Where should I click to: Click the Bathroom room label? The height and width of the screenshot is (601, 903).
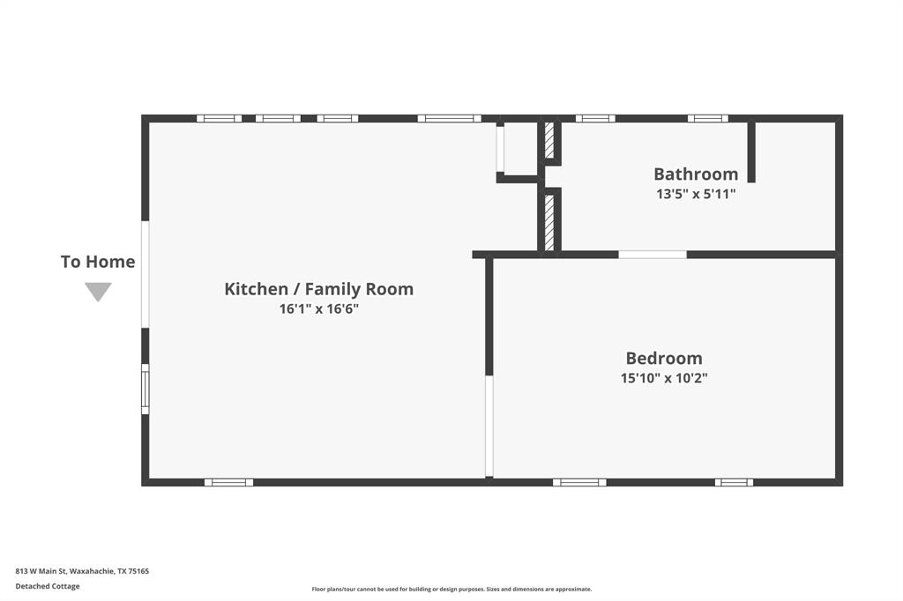pyautogui.click(x=695, y=174)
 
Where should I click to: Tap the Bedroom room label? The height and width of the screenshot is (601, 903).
pyautogui.click(x=664, y=358)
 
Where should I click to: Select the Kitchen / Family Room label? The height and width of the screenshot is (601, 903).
pyautogui.click(x=318, y=288)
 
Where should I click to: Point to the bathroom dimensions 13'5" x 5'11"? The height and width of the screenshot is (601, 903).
pyautogui.click(x=695, y=194)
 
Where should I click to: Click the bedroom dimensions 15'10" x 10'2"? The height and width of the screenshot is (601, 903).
pyautogui.click(x=664, y=378)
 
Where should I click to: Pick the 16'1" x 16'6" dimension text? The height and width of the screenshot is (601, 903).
pyautogui.click(x=318, y=308)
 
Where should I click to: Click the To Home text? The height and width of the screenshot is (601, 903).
pyautogui.click(x=98, y=262)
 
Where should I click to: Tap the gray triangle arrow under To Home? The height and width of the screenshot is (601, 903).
pyautogui.click(x=98, y=292)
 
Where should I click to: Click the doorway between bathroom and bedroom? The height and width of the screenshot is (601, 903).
pyautogui.click(x=652, y=255)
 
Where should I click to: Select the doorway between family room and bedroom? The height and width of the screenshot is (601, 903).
pyautogui.click(x=489, y=427)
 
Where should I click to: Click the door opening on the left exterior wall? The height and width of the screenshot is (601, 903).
pyautogui.click(x=146, y=273)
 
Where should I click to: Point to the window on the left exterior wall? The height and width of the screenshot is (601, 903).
pyautogui.click(x=146, y=389)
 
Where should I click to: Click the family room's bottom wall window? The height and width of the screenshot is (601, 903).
pyautogui.click(x=228, y=482)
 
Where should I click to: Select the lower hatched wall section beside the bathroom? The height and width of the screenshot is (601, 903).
pyautogui.click(x=549, y=222)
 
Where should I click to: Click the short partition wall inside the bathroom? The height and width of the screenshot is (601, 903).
pyautogui.click(x=751, y=152)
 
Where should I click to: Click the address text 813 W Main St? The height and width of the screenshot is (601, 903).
pyautogui.click(x=82, y=571)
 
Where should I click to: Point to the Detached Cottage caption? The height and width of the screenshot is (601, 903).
pyautogui.click(x=48, y=586)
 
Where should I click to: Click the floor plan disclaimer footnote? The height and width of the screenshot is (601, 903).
pyautogui.click(x=451, y=590)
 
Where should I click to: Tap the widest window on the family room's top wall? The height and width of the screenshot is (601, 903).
pyautogui.click(x=449, y=118)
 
